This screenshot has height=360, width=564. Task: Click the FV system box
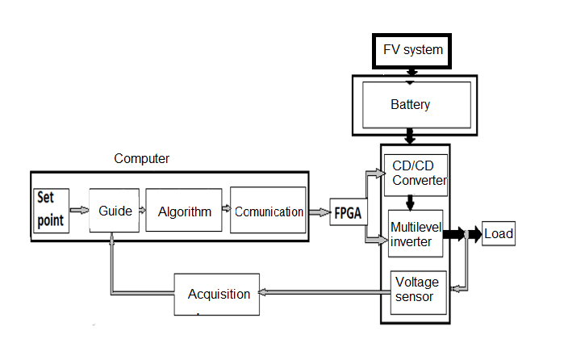pyautogui.click(x=413, y=50)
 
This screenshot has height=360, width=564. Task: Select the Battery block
pyautogui.click(x=411, y=105)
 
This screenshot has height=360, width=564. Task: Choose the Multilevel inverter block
pyautogui.click(x=415, y=233)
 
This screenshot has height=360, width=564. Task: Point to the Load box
pyautogui.click(x=499, y=235)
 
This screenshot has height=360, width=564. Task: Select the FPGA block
pyautogui.click(x=347, y=213)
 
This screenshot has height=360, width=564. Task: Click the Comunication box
pyautogui.click(x=269, y=211)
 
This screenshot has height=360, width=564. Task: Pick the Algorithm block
pyautogui.click(x=184, y=211)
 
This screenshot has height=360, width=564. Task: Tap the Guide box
pyautogui.click(x=115, y=211)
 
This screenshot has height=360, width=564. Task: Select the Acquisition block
pyautogui.click(x=218, y=295)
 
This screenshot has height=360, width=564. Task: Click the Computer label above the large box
pyautogui.click(x=141, y=159)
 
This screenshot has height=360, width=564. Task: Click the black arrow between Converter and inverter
pyautogui.click(x=411, y=201)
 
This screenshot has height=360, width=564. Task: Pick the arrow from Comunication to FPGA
pyautogui.click(x=320, y=212)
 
